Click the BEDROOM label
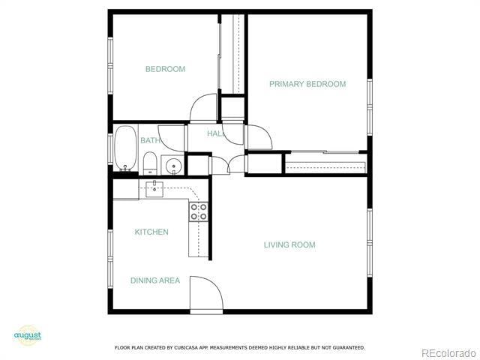(x=165, y=69)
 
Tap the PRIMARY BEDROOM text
(x=307, y=84)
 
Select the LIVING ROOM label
(x=289, y=244)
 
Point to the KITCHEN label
(x=151, y=232)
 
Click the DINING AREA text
(x=155, y=280)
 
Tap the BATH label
(x=149, y=140)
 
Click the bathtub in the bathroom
(x=125, y=148)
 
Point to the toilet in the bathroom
(x=150, y=163)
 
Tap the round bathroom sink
(x=174, y=166)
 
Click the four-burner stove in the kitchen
(x=199, y=211)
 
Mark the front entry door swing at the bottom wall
(x=205, y=293)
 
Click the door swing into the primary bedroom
(x=258, y=137)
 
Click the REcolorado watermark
(x=448, y=352)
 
